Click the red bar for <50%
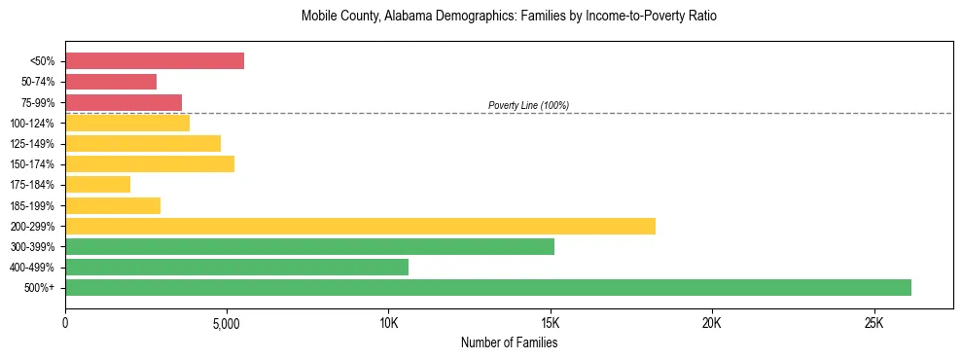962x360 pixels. click(155, 61)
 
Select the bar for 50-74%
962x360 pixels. click(111, 82)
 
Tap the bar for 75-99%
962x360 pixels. click(124, 102)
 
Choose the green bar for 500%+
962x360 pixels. click(488, 287)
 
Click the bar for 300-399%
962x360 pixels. click(309, 246)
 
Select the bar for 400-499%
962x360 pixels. click(236, 267)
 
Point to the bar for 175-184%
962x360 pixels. click(97, 184)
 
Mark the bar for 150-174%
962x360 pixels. click(150, 163)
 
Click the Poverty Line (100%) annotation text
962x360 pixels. click(528, 105)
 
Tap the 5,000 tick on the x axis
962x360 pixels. click(227, 323)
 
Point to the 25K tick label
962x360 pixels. click(873, 323)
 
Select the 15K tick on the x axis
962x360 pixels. click(551, 323)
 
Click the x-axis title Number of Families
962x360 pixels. click(509, 342)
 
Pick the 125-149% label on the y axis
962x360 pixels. click(32, 144)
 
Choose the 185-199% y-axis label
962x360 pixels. click(32, 205)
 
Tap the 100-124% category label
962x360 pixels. click(32, 124)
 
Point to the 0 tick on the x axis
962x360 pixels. click(65, 323)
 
